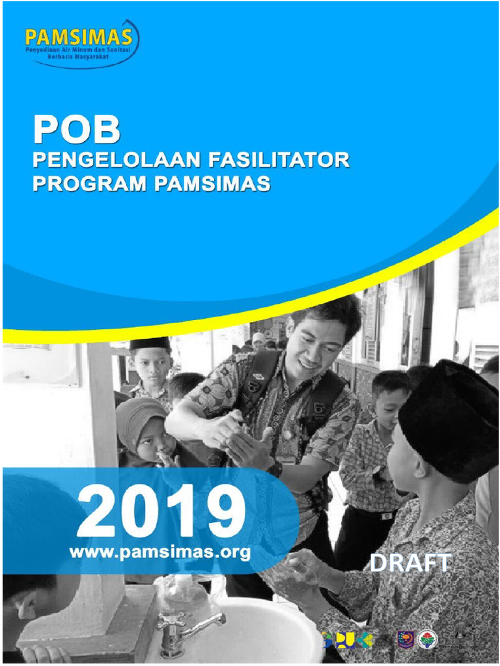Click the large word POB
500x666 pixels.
(x=77, y=130)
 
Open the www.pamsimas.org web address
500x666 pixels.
(x=160, y=552)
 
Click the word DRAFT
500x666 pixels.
(x=411, y=563)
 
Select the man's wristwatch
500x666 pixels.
(x=275, y=468)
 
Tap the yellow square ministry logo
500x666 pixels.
(x=344, y=640)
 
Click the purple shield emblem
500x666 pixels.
(x=406, y=640)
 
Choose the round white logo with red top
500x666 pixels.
(x=428, y=640)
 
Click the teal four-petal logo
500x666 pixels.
(x=365, y=640)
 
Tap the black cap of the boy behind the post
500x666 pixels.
(x=150, y=343)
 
